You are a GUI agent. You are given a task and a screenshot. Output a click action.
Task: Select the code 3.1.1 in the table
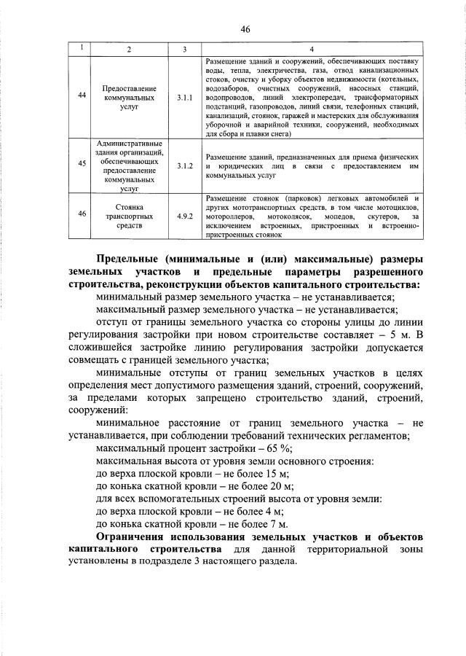184,96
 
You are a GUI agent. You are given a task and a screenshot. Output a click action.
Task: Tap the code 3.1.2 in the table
184,166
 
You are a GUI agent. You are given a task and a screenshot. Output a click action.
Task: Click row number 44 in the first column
82,96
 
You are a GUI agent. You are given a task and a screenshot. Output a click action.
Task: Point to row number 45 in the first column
82,166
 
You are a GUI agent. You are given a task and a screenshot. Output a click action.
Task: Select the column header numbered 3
184,49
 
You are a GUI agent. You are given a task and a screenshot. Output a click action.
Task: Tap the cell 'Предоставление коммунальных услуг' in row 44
129,96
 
